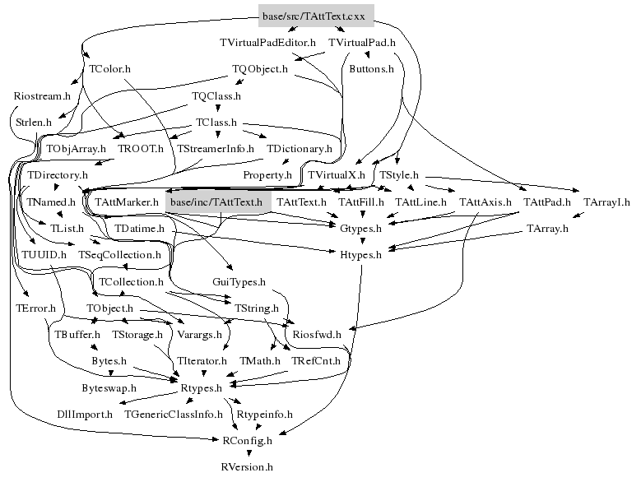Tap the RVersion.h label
[246, 467]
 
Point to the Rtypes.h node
[202, 388]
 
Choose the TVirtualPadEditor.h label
[268, 42]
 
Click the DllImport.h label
[85, 415]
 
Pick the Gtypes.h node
[360, 228]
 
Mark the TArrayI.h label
[606, 202]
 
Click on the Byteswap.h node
[109, 387]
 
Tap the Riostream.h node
[43, 95]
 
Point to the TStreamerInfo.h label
[216, 149]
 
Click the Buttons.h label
[371, 69]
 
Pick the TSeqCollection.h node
[119, 255]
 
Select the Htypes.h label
[360, 255]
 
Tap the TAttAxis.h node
[485, 202]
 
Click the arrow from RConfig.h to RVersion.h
[247, 454]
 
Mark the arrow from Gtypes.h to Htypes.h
[360, 242]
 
